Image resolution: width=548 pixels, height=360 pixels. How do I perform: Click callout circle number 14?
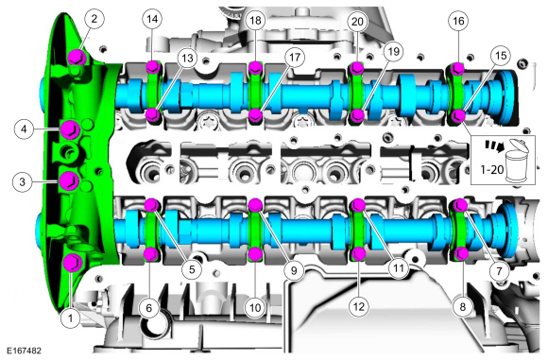click(152, 19)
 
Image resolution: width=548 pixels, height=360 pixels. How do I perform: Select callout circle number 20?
click(357, 22)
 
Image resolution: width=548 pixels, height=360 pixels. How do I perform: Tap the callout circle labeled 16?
click(458, 21)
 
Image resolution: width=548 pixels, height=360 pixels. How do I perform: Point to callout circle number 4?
click(24, 129)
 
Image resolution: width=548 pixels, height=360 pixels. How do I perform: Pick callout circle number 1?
click(70, 318)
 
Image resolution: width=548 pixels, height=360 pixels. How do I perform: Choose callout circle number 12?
click(359, 306)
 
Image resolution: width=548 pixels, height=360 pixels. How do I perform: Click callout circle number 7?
click(499, 270)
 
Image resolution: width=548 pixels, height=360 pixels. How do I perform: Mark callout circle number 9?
click(294, 270)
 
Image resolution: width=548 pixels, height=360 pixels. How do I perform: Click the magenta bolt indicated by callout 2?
click(77, 57)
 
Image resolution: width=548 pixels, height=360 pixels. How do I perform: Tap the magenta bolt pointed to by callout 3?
click(69, 181)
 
